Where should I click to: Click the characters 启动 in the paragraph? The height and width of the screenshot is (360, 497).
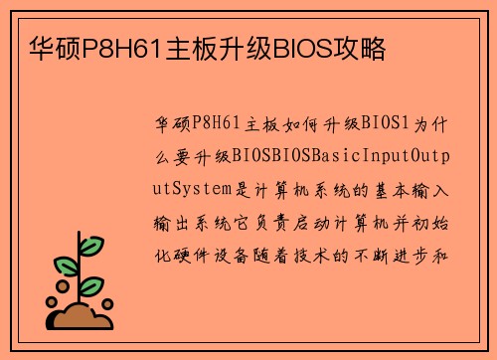[304, 220]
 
